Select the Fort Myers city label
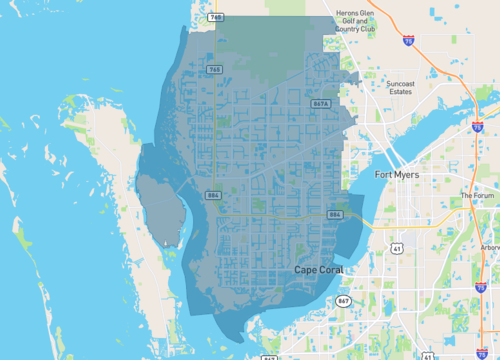(396, 175)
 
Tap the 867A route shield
(321, 104)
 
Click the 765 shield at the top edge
(216, 17)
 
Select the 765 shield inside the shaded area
(215, 69)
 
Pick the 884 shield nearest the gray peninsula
(214, 195)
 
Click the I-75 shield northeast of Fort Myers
(478, 128)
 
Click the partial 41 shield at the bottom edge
(429, 355)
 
